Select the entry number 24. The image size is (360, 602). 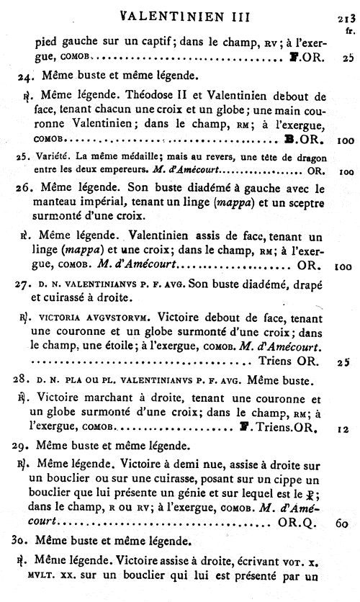coord(26,74)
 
